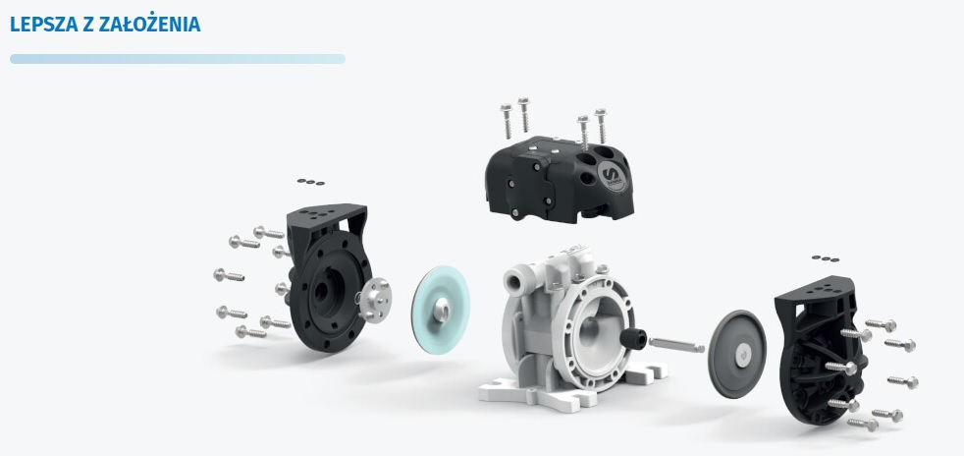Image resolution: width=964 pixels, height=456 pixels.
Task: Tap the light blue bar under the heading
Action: pyautogui.click(x=177, y=59)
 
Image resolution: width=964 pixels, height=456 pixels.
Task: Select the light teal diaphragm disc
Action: pyautogui.click(x=440, y=309)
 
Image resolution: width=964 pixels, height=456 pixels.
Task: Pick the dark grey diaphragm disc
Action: pyautogui.click(x=736, y=354)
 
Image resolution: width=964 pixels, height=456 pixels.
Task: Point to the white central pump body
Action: pyautogui.click(x=568, y=326)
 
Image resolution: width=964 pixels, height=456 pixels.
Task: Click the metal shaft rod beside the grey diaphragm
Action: pyautogui.click(x=676, y=345)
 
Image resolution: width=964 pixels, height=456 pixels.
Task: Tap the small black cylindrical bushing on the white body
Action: pyautogui.click(x=633, y=338)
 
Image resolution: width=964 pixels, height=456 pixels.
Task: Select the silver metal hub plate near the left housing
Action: pyautogui.click(x=374, y=300)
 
